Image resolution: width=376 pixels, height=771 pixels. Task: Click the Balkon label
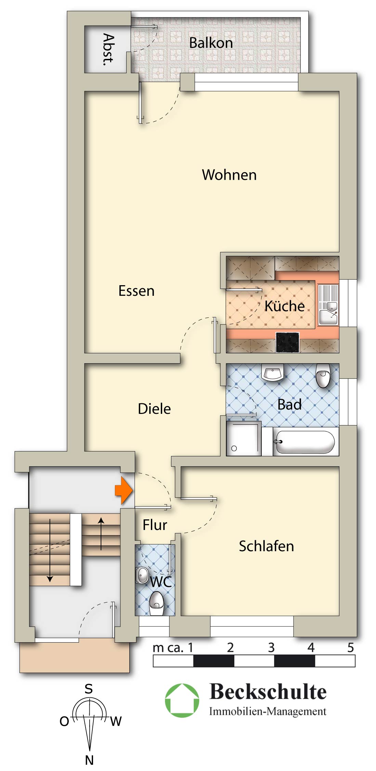pos(211,43)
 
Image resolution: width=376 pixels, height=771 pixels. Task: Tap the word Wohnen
pos(229,175)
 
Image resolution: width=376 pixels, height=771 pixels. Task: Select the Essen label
pos(137,291)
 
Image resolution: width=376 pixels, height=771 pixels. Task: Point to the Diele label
pos(154,409)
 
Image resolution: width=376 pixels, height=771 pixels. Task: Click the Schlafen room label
pos(267,546)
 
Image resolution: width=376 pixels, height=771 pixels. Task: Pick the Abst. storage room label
pos(108,49)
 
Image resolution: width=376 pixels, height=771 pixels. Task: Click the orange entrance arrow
pos(124,491)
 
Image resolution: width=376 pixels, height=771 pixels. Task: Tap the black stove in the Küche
pos(288,342)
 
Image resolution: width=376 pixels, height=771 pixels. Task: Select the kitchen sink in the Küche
pos(328,305)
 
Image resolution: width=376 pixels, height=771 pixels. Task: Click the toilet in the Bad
pos(323,375)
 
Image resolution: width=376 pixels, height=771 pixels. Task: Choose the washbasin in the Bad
pos(273,372)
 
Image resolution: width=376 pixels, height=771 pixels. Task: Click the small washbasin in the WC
pos(142,575)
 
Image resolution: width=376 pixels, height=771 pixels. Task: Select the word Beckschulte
pos(268,691)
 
